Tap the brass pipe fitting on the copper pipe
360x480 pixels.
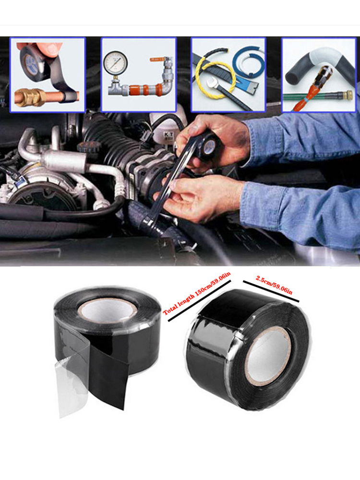30,97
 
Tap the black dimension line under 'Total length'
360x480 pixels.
200,300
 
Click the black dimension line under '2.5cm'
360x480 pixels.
271,291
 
